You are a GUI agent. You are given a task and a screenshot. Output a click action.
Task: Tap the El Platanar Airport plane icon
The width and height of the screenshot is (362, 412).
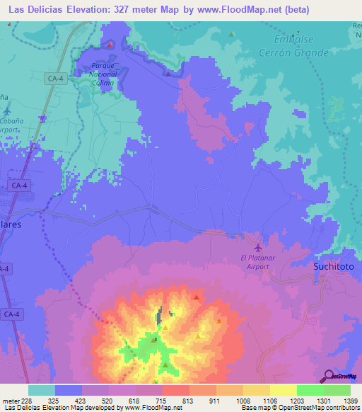coord(257,248)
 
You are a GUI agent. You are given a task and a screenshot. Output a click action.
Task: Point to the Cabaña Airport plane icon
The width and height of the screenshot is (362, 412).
coord(6,110)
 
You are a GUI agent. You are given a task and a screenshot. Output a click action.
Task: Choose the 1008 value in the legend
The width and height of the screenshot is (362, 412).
coord(243,401)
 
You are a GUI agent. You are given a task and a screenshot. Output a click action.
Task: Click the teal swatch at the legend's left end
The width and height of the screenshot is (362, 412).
coord(42,390)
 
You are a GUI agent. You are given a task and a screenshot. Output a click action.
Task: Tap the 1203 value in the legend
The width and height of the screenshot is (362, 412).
coord(297,401)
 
